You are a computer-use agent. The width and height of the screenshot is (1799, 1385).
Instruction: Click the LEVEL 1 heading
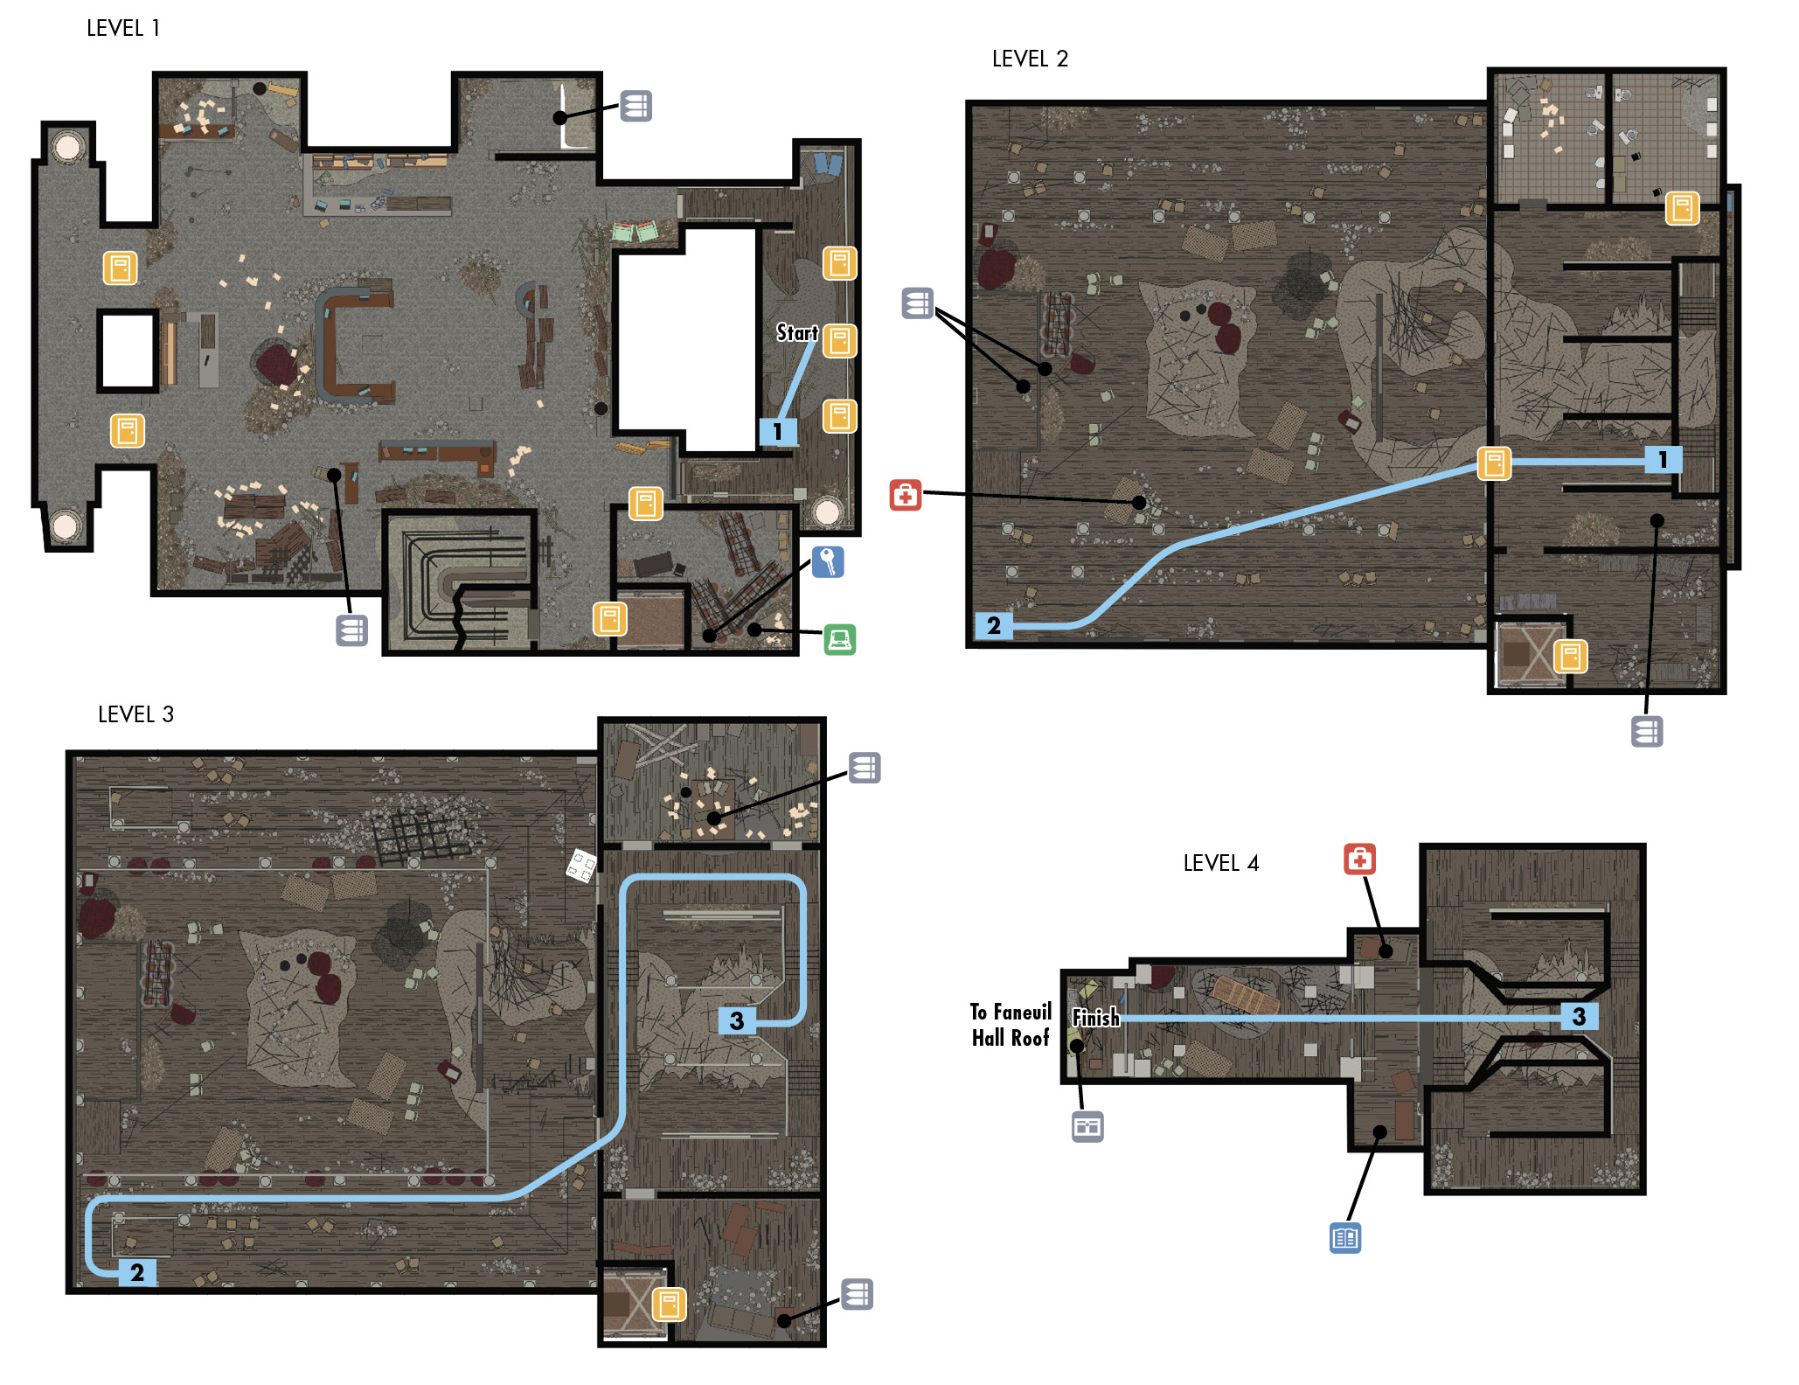pyautogui.click(x=123, y=29)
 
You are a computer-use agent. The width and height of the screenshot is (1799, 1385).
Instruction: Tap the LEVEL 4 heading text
pyautogui.click(x=1221, y=864)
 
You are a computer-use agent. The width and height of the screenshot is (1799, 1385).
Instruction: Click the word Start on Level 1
pyautogui.click(x=796, y=333)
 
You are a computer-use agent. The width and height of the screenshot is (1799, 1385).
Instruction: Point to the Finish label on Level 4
pyautogui.click(x=1096, y=1018)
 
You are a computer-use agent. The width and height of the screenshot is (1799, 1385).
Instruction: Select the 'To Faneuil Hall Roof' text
pyautogui.click(x=1011, y=1025)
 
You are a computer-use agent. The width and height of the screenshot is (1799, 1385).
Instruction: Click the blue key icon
pyautogui.click(x=828, y=562)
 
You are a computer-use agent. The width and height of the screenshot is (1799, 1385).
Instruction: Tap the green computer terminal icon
pyautogui.click(x=840, y=640)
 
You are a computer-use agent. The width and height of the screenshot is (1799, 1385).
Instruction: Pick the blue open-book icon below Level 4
pyautogui.click(x=1345, y=1238)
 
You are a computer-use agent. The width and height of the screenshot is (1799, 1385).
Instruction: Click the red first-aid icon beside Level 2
pyautogui.click(x=906, y=495)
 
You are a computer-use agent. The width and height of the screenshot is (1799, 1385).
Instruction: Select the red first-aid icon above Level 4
pyautogui.click(x=1359, y=860)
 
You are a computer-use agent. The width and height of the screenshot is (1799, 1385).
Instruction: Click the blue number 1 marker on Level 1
pyautogui.click(x=777, y=431)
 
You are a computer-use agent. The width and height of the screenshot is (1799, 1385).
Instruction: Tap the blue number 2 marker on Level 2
pyautogui.click(x=994, y=626)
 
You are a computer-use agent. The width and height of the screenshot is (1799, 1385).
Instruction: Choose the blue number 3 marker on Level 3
pyautogui.click(x=737, y=1020)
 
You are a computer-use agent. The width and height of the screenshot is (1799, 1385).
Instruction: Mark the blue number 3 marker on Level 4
pyautogui.click(x=1580, y=1016)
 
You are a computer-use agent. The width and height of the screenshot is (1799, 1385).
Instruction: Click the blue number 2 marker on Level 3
pyautogui.click(x=137, y=1272)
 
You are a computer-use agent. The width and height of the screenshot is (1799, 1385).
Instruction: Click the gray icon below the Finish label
pyautogui.click(x=1087, y=1127)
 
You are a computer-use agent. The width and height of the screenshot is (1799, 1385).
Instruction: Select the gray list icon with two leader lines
pyautogui.click(x=918, y=303)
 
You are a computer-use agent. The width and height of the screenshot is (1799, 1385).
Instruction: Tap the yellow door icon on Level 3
pyautogui.click(x=670, y=1305)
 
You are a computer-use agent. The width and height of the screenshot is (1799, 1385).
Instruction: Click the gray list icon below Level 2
pyautogui.click(x=1647, y=732)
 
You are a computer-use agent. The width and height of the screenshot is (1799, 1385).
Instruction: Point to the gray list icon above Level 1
pyautogui.click(x=636, y=106)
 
